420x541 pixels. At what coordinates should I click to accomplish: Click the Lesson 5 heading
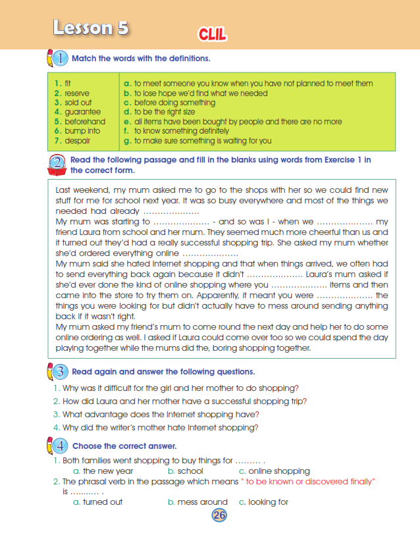91,28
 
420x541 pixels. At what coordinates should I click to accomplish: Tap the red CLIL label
212,34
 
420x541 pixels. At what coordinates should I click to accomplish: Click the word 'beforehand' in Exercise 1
85,122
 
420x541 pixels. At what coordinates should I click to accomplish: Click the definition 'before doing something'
174,103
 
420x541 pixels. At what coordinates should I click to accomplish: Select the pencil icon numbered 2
57,164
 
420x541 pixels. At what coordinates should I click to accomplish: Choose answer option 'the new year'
108,471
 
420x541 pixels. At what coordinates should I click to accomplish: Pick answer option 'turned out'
103,502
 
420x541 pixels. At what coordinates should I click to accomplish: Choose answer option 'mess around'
203,502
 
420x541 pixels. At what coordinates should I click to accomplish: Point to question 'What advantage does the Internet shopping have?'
161,414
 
